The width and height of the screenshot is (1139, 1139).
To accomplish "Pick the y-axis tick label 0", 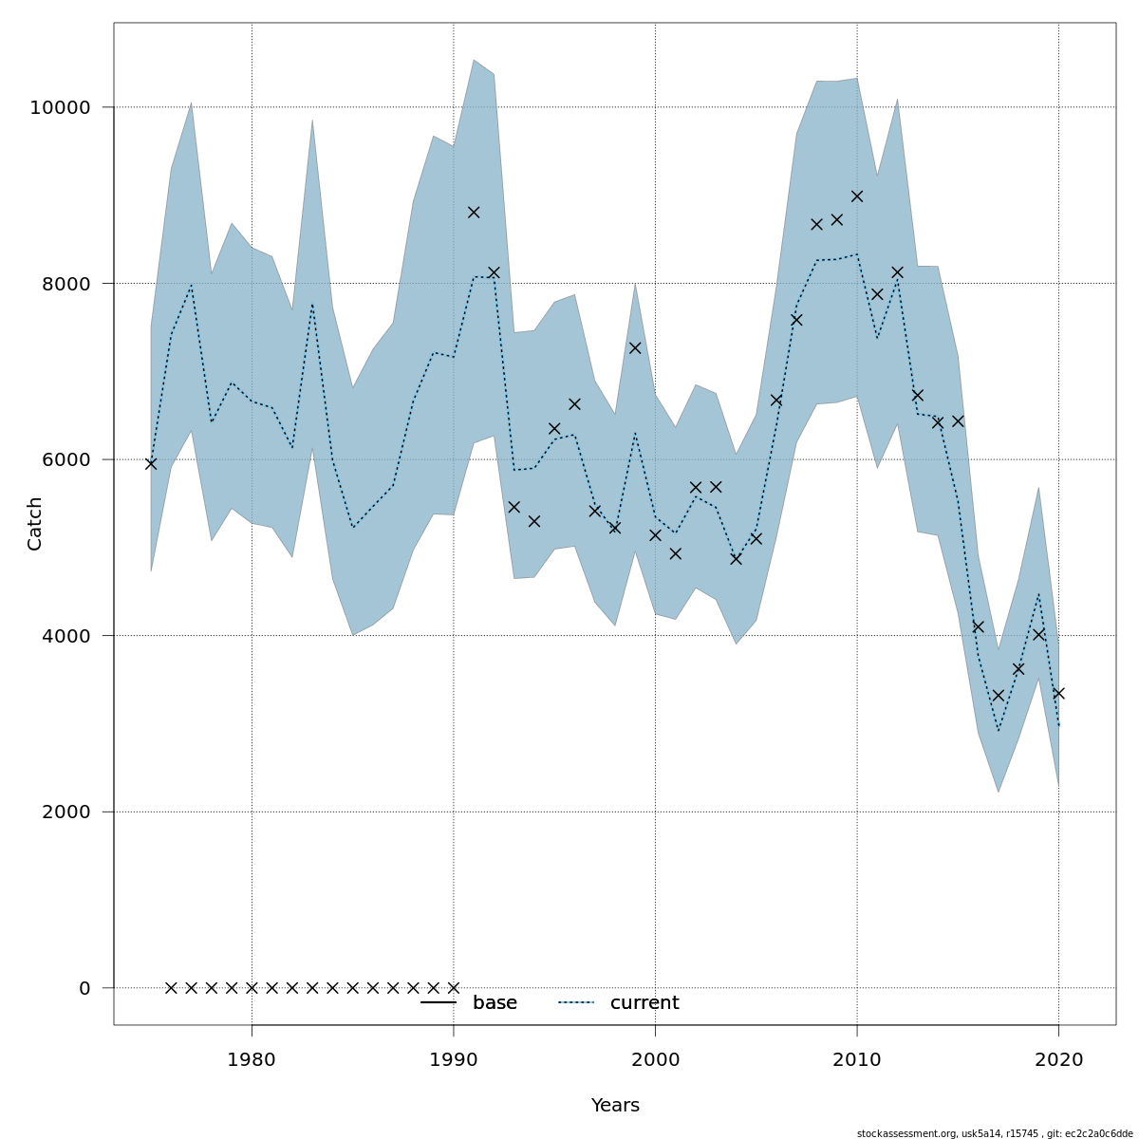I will (84, 988).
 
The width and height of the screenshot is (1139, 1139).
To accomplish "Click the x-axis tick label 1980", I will (252, 1059).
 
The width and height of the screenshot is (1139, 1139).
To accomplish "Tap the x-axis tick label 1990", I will (454, 1059).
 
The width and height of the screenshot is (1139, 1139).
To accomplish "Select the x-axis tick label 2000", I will (655, 1059).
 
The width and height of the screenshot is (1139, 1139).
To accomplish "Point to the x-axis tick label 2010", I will (857, 1059).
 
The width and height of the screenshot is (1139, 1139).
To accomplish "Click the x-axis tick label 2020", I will (1058, 1059).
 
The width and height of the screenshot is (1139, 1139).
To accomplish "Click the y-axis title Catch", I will (35, 523).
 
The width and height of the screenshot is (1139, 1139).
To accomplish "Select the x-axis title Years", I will (615, 1106).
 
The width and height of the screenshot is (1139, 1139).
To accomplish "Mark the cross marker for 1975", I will (151, 463).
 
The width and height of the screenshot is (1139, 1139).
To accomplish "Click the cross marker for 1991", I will (474, 212).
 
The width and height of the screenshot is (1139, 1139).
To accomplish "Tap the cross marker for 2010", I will (857, 196).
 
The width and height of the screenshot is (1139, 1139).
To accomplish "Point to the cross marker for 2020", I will (1058, 693).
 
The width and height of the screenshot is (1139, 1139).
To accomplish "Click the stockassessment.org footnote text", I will (994, 1133).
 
